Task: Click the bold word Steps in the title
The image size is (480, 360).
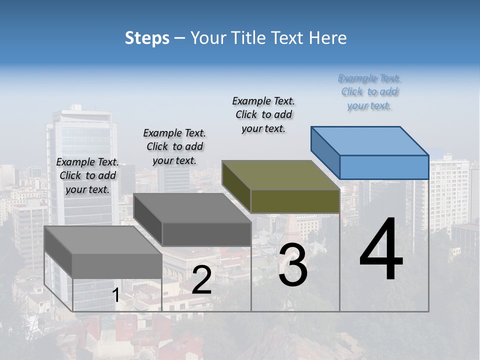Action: (147, 38)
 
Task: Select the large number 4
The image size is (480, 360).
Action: (381, 250)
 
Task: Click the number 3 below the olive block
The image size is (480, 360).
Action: (293, 265)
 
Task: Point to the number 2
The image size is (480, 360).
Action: (201, 280)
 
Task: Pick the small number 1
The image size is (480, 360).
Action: (116, 295)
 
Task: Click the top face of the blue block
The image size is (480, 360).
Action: (370, 140)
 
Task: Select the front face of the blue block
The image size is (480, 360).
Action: (384, 167)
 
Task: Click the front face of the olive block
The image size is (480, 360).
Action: (295, 201)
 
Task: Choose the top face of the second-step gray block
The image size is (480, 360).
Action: (192, 207)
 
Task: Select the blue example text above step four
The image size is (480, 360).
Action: (369, 92)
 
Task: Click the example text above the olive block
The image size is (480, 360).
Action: (263, 114)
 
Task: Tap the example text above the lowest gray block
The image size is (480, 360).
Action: (87, 175)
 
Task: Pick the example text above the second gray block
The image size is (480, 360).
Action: (174, 146)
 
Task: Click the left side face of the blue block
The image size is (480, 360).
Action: (325, 152)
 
